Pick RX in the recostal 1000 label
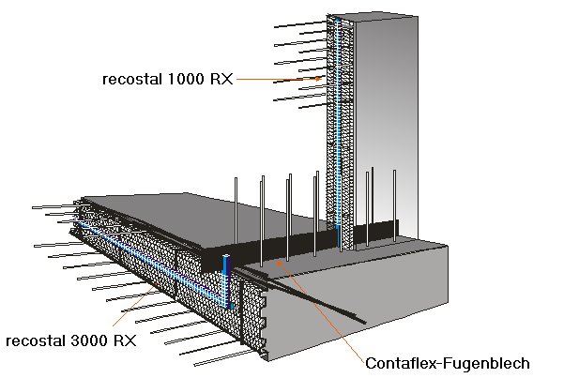point(221,81)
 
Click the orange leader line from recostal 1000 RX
point(282,82)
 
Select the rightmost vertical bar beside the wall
point(395,202)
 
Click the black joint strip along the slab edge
point(282,246)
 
